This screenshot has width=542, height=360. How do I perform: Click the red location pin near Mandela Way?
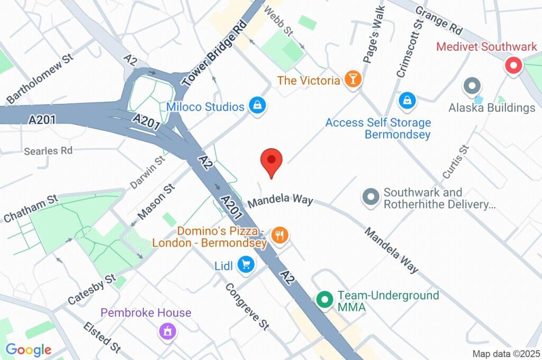click(x=272, y=160)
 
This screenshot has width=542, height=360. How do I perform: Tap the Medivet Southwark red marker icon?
click(x=512, y=66)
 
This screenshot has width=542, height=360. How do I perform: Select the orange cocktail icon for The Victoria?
click(x=352, y=80)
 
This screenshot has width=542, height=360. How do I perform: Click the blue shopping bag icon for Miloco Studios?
click(x=257, y=105)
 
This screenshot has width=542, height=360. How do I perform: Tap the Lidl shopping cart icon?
click(x=245, y=264)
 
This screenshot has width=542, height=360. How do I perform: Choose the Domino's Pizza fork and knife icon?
click(x=279, y=235)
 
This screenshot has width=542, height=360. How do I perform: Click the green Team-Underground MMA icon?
click(x=324, y=300)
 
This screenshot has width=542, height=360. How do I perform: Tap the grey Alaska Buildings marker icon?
click(x=471, y=86)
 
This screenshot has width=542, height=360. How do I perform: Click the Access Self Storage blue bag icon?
click(x=406, y=100)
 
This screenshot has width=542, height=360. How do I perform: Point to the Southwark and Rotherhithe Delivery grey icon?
click(x=370, y=197)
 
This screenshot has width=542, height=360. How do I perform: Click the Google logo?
click(x=28, y=349)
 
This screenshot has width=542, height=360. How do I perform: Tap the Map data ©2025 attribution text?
click(x=507, y=353)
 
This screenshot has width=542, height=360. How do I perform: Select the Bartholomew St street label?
click(x=40, y=80)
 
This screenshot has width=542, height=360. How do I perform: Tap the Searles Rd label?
click(x=48, y=151)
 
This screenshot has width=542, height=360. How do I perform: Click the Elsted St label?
click(x=102, y=337)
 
